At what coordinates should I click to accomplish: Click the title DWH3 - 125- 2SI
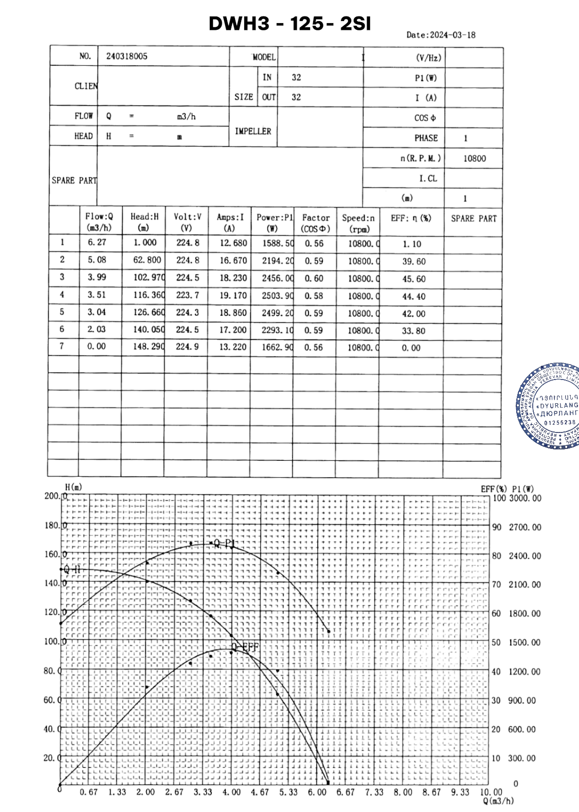tap(289, 24)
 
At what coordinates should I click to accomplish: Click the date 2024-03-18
tap(453, 35)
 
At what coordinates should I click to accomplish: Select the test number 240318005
tap(126, 57)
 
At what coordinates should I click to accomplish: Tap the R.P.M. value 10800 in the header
tap(474, 158)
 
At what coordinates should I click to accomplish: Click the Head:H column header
tap(144, 222)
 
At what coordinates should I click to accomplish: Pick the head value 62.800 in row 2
tap(147, 260)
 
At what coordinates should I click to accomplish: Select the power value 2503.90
tap(277, 296)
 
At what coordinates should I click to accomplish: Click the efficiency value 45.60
tap(413, 279)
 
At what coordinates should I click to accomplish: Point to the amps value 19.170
tap(233, 296)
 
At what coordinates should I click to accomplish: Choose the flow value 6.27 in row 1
tap(97, 243)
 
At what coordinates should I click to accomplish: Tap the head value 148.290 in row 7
tap(148, 347)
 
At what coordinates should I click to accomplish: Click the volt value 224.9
tap(187, 347)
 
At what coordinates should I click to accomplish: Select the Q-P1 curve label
tap(224, 544)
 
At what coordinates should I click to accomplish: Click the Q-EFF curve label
tap(245, 647)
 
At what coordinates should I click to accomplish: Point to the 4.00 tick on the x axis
tap(231, 792)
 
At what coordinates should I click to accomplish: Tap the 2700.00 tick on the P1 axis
tap(524, 527)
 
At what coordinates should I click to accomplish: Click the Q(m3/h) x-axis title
tap(498, 801)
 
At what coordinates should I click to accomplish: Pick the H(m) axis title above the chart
tap(74, 487)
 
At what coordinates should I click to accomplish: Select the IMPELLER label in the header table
tap(252, 132)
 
